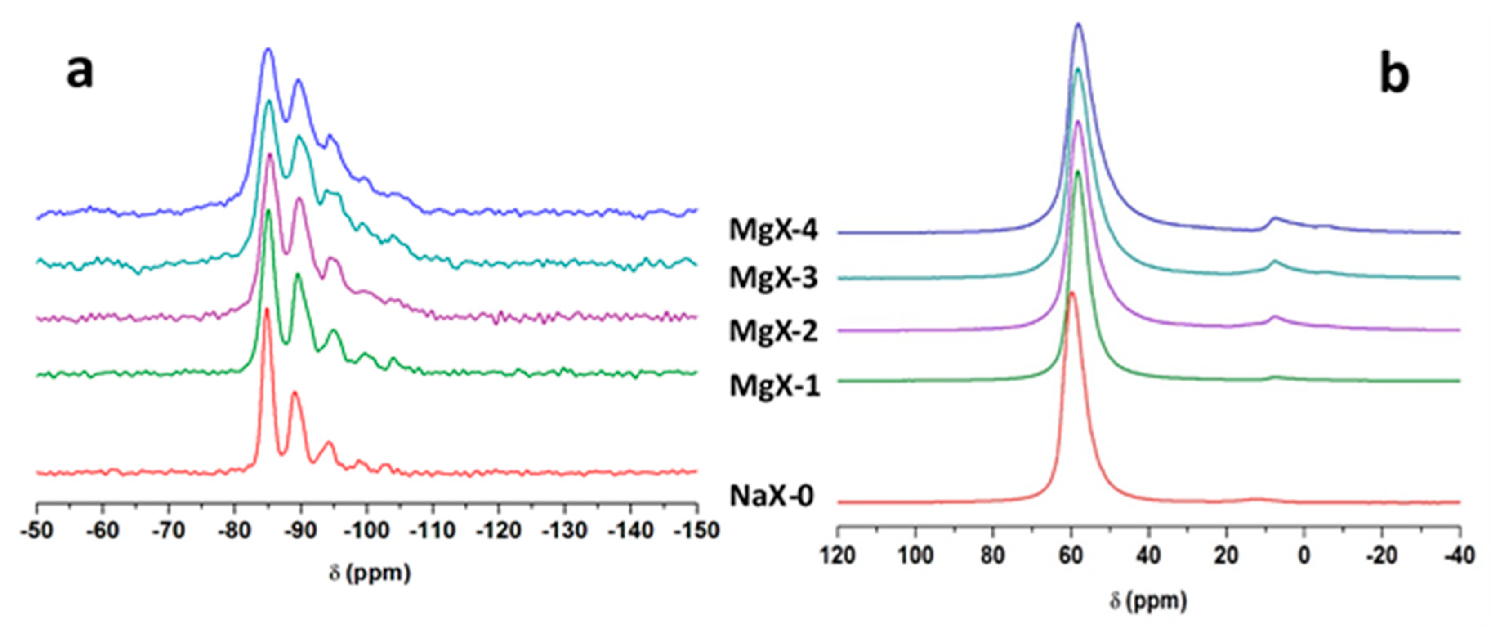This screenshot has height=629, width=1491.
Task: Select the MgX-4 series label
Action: [x=773, y=230]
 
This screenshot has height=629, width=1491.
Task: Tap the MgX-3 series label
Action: [x=773, y=278]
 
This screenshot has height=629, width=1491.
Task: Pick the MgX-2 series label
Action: [x=773, y=331]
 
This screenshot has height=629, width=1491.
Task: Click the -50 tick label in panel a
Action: [x=37, y=530]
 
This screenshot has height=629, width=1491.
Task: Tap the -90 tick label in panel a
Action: [x=300, y=530]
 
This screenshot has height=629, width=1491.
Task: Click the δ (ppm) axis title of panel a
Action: [x=369, y=573]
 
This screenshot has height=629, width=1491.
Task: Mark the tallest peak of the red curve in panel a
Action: [x=267, y=309]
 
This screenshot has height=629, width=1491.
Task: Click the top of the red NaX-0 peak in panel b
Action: [x=1072, y=293]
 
